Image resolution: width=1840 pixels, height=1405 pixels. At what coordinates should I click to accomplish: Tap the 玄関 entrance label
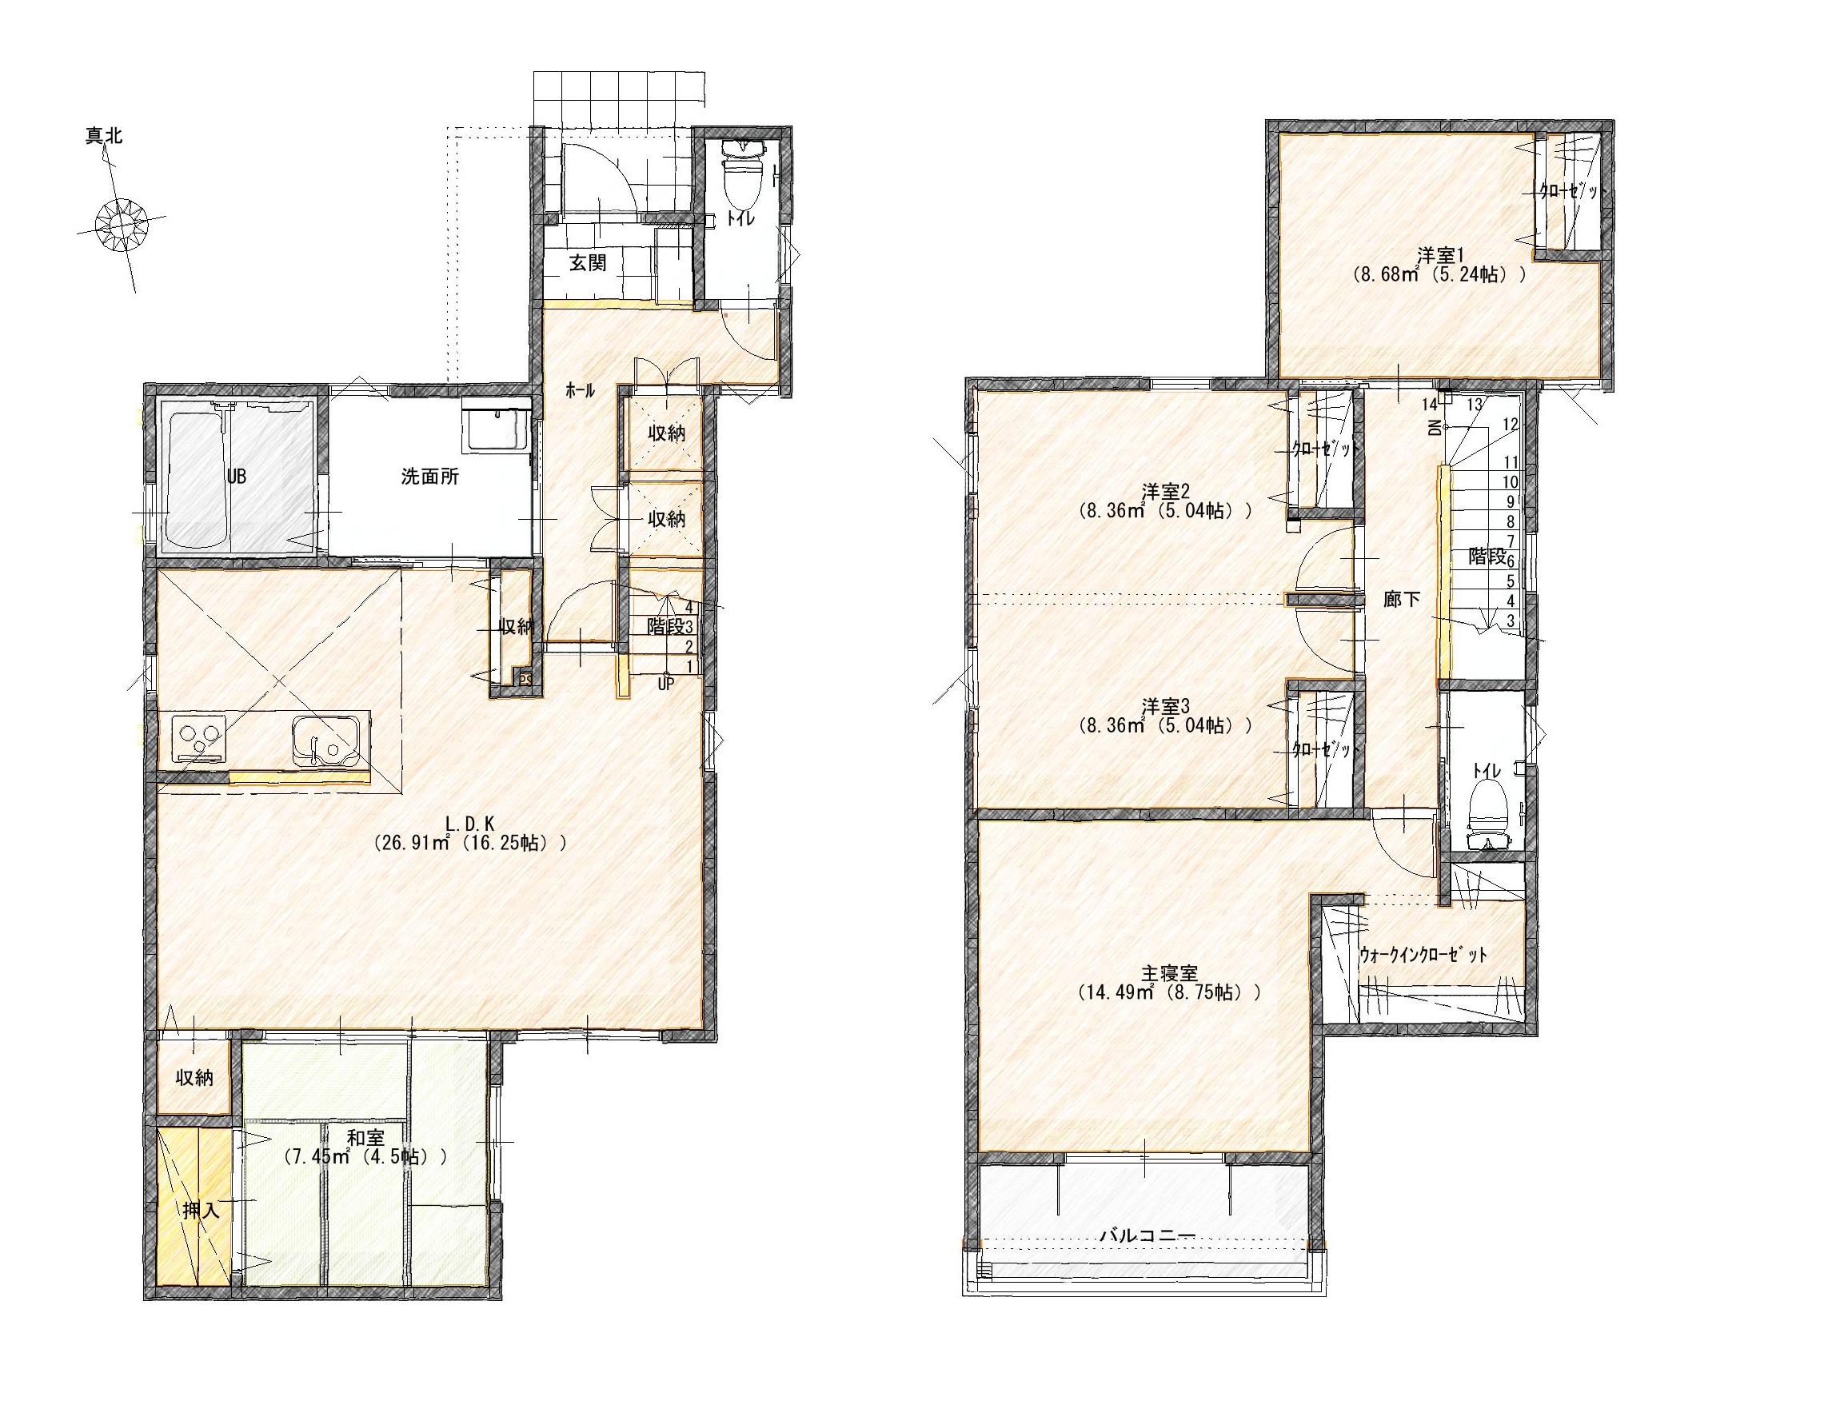point(588,262)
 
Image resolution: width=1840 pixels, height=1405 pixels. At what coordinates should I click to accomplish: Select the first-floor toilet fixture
point(743,177)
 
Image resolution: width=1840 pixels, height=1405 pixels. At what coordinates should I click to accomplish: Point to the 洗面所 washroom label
point(430,477)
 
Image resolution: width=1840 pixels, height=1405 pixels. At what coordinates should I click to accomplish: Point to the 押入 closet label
point(201,1210)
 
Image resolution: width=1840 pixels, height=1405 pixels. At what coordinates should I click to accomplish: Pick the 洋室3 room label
point(1164,705)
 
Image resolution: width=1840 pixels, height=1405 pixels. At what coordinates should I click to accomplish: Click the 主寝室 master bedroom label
point(1170,972)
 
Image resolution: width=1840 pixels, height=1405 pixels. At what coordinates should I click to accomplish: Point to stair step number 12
point(1510,424)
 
